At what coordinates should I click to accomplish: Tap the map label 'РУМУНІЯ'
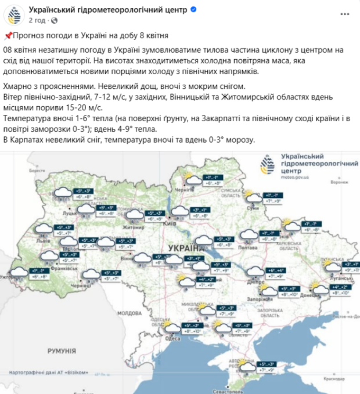[x=62, y=351]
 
